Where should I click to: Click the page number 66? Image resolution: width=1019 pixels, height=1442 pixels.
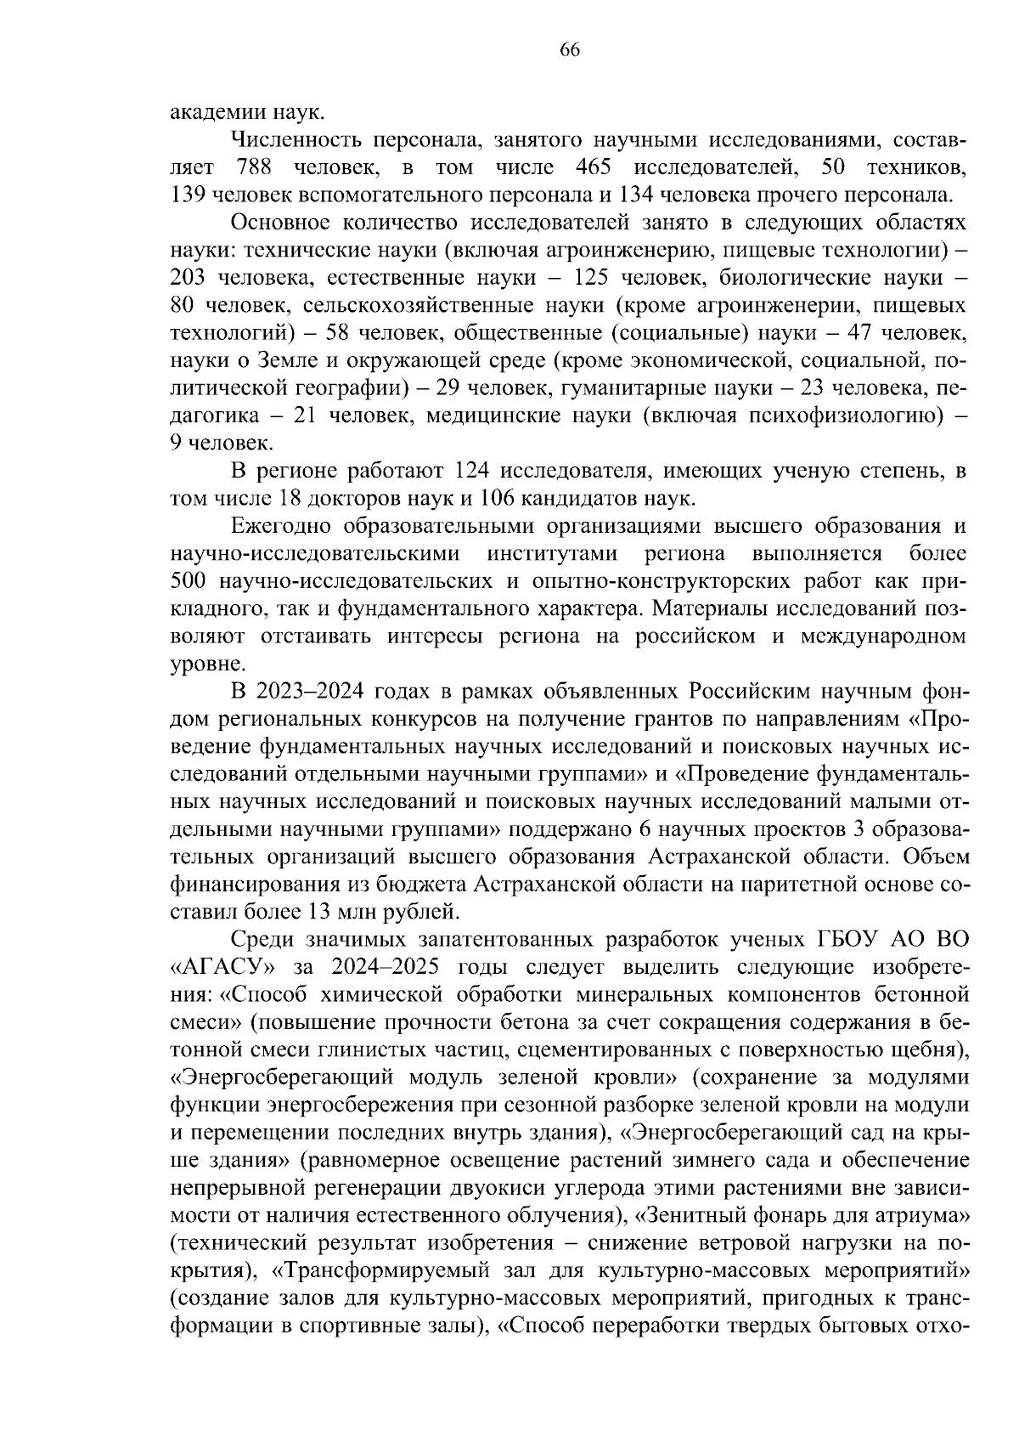569,50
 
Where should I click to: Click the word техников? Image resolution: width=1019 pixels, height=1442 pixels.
925,167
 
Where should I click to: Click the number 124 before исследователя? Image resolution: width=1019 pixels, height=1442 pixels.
473,471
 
